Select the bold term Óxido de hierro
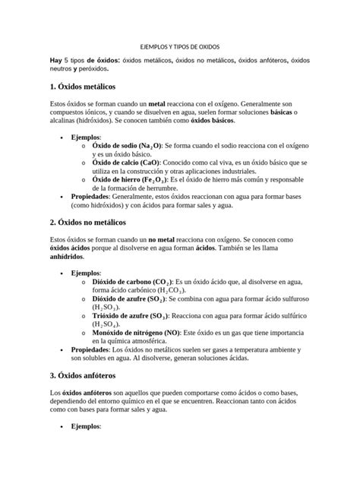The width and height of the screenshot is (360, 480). (x=118, y=179)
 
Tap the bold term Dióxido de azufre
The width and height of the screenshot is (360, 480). (x=119, y=299)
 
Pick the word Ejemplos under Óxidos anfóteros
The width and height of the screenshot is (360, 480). (x=85, y=428)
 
